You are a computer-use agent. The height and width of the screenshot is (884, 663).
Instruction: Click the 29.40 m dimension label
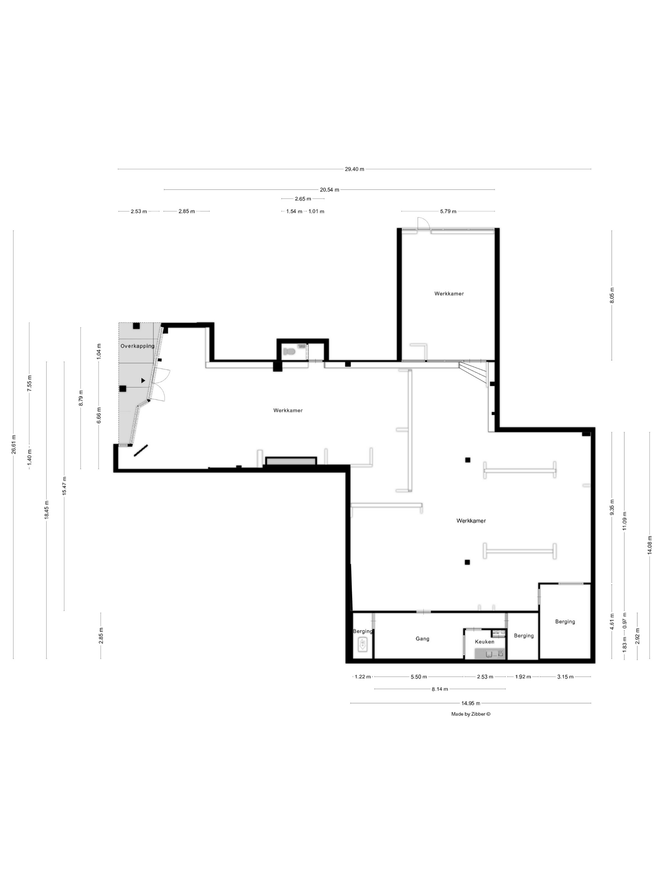coord(355,169)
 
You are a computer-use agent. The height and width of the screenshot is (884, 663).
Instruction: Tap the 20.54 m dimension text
coord(329,190)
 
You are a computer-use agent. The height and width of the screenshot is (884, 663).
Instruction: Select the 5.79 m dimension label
coord(448,212)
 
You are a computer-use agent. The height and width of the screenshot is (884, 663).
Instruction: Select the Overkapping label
coord(137,346)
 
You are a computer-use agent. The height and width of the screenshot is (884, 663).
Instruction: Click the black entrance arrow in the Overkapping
coord(143,381)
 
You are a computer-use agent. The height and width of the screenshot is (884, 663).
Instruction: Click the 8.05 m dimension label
coord(612,295)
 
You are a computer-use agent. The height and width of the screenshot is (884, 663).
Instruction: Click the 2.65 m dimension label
coord(303,199)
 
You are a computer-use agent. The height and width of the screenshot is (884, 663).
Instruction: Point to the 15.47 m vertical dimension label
coord(64,486)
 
